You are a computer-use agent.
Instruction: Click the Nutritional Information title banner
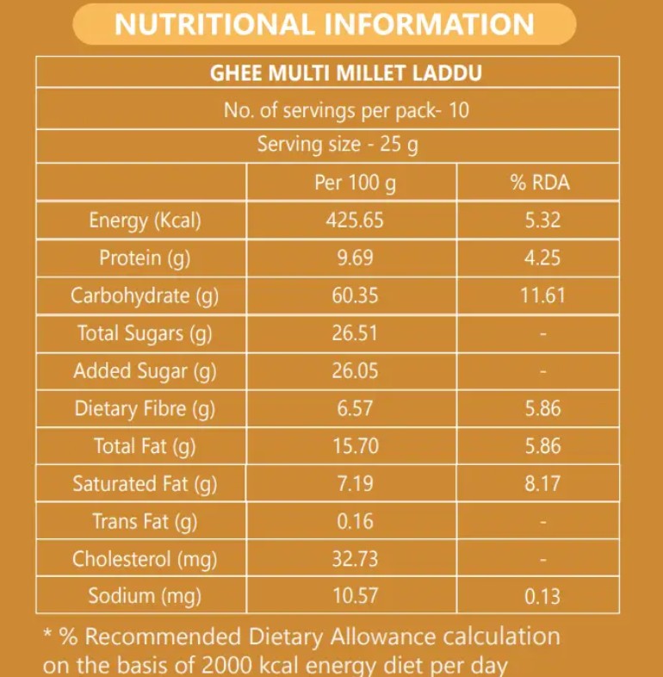pyautogui.click(x=325, y=24)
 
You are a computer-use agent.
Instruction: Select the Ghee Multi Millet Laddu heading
pyautogui.click(x=346, y=72)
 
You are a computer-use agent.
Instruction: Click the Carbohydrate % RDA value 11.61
pyautogui.click(x=542, y=296)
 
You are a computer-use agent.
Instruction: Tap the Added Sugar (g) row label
pyautogui.click(x=145, y=371)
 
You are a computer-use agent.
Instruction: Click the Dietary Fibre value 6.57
pyautogui.click(x=355, y=409)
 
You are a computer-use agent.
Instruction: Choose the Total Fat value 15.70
pyautogui.click(x=355, y=446)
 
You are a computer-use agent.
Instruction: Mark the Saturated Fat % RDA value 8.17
pyautogui.click(x=542, y=484)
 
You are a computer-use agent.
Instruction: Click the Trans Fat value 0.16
pyautogui.click(x=355, y=521)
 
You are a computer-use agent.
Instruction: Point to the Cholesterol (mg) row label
pyautogui.click(x=145, y=559)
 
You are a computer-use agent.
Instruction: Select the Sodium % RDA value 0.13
pyautogui.click(x=542, y=596)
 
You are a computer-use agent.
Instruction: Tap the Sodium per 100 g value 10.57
pyautogui.click(x=355, y=596)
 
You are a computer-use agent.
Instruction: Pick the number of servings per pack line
pyautogui.click(x=346, y=111)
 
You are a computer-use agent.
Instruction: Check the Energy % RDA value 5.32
pyautogui.click(x=542, y=220)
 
